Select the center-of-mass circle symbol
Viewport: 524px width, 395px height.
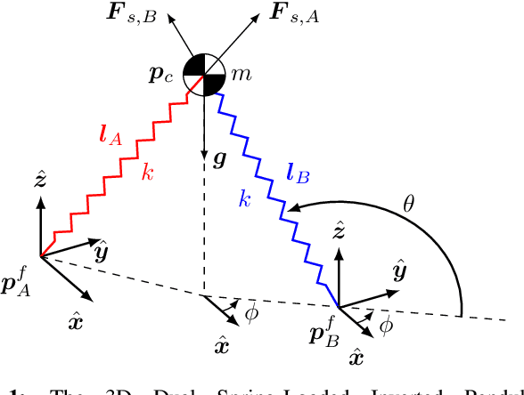[x=205, y=74]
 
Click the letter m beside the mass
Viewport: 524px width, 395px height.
[x=241, y=77]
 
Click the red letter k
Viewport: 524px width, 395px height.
[x=149, y=173]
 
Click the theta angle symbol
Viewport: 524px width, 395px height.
[x=408, y=203]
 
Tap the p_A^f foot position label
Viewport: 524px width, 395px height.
[x=19, y=285]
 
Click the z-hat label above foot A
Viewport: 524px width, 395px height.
[x=41, y=181]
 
